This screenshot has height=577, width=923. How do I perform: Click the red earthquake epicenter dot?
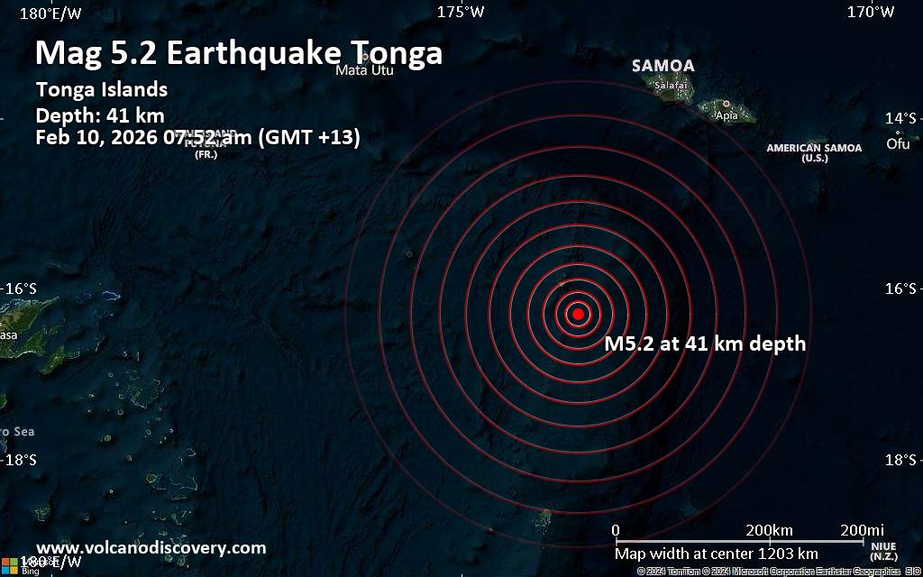pyautogui.click(x=578, y=314)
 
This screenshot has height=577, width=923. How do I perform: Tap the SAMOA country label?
pyautogui.click(x=663, y=66)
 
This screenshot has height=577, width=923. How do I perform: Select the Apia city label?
pyautogui.click(x=726, y=115)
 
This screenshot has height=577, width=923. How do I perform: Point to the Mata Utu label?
pyautogui.click(x=364, y=69)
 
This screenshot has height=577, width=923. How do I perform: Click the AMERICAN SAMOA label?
pyautogui.click(x=814, y=148)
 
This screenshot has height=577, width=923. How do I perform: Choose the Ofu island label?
pyautogui.click(x=898, y=143)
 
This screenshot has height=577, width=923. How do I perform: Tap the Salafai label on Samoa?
pyautogui.click(x=671, y=86)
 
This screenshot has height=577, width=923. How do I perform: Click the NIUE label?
pyautogui.click(x=883, y=545)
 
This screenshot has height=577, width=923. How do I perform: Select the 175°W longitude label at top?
pyautogui.click(x=461, y=12)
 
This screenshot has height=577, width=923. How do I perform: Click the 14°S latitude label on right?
pyautogui.click(x=900, y=118)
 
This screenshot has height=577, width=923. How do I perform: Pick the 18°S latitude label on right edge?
pyautogui.click(x=900, y=461)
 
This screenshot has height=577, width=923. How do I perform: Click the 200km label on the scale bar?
pyautogui.click(x=769, y=529)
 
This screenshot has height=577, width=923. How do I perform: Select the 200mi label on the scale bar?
pyautogui.click(x=861, y=529)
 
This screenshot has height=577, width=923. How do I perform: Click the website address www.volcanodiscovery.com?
pyautogui.click(x=151, y=547)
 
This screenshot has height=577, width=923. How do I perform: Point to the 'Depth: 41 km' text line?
pyautogui.click(x=99, y=114)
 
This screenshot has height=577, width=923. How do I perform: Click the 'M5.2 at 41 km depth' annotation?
pyautogui.click(x=705, y=343)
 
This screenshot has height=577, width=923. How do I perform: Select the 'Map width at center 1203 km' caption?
pyautogui.click(x=717, y=554)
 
